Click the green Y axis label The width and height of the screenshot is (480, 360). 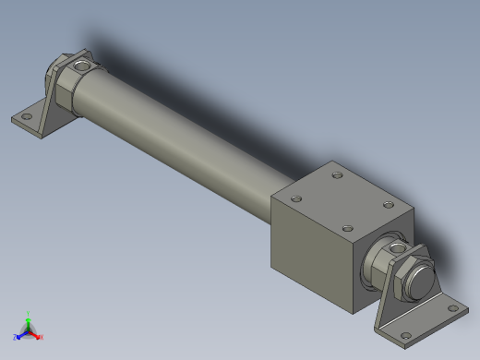(x=29, y=313)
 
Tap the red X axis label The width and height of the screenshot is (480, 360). (x=41, y=337)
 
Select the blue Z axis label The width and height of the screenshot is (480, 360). (x=16, y=337)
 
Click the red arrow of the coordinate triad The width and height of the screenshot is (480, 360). (x=35, y=333)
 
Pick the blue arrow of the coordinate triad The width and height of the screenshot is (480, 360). (x=21, y=333)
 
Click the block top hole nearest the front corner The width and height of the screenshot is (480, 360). (x=347, y=228)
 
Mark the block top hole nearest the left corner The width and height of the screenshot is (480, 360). (x=296, y=197)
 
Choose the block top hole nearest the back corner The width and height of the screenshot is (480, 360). (x=337, y=174)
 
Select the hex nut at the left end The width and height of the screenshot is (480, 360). (x=64, y=89)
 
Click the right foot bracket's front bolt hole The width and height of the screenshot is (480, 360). (x=402, y=334)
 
